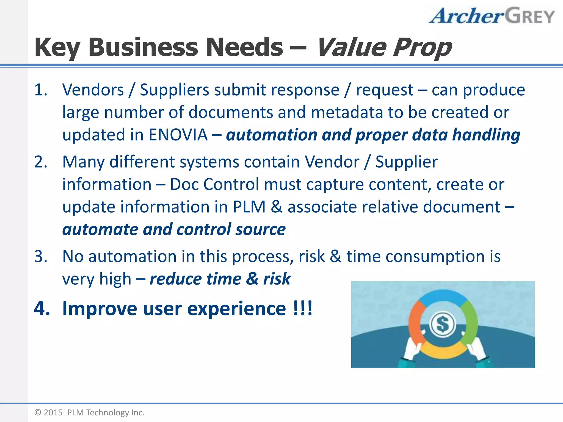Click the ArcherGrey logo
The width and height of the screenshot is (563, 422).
(492, 16)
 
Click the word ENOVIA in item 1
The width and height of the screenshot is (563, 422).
(178, 135)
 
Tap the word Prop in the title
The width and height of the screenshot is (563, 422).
(422, 48)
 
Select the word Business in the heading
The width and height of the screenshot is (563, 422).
(143, 47)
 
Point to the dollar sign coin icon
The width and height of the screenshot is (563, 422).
(443, 324)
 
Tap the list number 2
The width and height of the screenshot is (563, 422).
(41, 162)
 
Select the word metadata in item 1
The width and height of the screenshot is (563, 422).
(347, 112)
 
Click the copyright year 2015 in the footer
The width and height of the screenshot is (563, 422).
(53, 412)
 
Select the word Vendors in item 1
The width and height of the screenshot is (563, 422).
(93, 90)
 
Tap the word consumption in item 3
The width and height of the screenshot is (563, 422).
(435, 257)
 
